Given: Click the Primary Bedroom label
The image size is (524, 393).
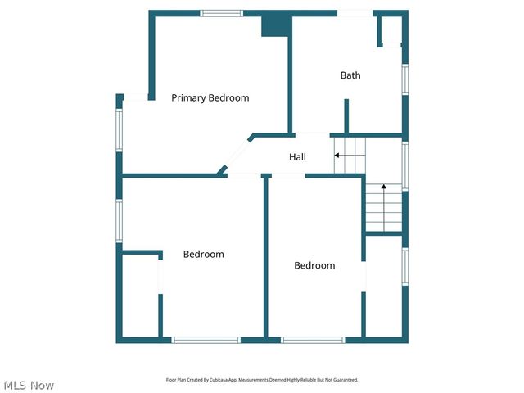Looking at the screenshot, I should pos(210,98).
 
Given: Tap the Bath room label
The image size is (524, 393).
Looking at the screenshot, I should pos(350,75).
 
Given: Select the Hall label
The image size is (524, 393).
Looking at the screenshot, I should pos(297,156).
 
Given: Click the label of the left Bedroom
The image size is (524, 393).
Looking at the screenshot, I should pos(203,255).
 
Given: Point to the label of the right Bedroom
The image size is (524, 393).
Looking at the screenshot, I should pos(314,265).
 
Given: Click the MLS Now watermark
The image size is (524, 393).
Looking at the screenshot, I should pos(29,385).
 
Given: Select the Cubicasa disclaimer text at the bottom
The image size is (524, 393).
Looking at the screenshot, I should pos(262,380).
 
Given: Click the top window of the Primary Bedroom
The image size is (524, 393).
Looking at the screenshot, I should pos(222,13).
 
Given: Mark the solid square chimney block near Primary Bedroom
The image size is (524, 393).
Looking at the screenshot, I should pos(276,25).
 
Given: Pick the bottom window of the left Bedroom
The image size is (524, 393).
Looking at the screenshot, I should pos(206,340).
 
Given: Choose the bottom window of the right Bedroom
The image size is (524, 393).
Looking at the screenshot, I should pos(313,340).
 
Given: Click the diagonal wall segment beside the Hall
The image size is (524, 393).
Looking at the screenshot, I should pos(237,155).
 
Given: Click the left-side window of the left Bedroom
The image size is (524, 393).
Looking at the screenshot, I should pos(120,220).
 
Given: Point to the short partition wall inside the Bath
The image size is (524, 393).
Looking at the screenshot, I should pos(346,115).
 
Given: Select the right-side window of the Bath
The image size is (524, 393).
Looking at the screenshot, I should pos(404,80).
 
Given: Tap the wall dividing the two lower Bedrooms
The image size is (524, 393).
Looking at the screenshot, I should pos(265,257).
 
